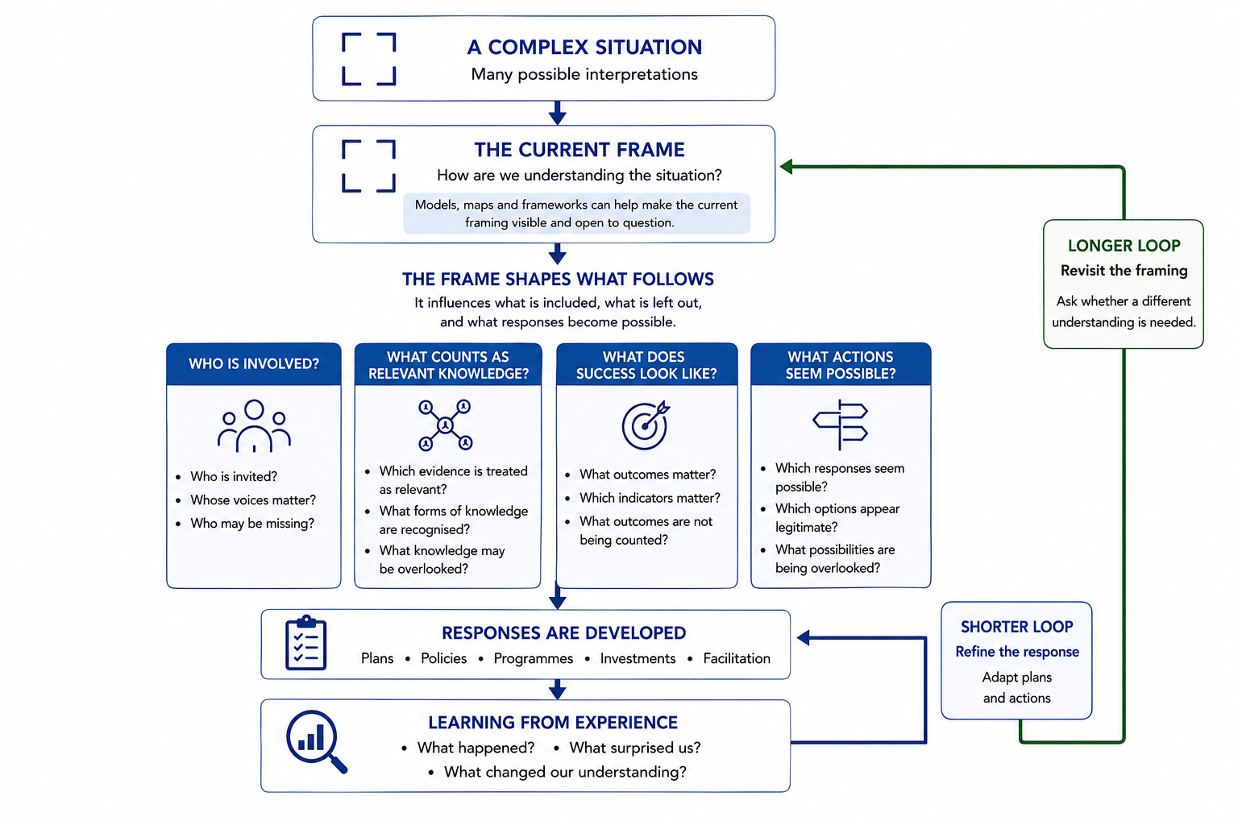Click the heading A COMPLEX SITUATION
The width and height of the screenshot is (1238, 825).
(x=584, y=48)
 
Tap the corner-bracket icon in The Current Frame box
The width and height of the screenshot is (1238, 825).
(x=343, y=166)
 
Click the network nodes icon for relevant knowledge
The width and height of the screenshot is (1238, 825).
(x=446, y=425)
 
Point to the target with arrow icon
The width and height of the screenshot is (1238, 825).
(x=645, y=425)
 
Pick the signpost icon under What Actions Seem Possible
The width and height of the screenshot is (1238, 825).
(x=840, y=425)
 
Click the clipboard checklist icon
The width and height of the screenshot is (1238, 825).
(x=306, y=643)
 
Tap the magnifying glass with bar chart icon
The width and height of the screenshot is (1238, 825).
(x=315, y=740)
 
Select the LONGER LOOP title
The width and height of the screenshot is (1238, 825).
(x=1124, y=246)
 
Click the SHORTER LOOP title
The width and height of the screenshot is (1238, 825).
(x=1016, y=627)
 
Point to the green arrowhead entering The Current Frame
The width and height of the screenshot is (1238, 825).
(x=786, y=166)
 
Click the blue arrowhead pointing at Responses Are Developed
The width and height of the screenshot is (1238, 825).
(x=803, y=637)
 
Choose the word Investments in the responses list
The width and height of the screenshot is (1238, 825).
(x=638, y=659)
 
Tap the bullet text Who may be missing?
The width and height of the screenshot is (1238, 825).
(x=252, y=524)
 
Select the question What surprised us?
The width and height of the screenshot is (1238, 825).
(x=635, y=748)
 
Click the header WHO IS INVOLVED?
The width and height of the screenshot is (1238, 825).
(x=254, y=363)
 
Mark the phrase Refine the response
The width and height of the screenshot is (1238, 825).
(x=1017, y=652)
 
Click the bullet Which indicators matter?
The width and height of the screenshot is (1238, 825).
(x=650, y=498)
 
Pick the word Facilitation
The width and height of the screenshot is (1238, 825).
(x=737, y=659)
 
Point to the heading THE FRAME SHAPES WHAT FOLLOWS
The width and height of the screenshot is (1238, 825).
(x=558, y=280)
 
